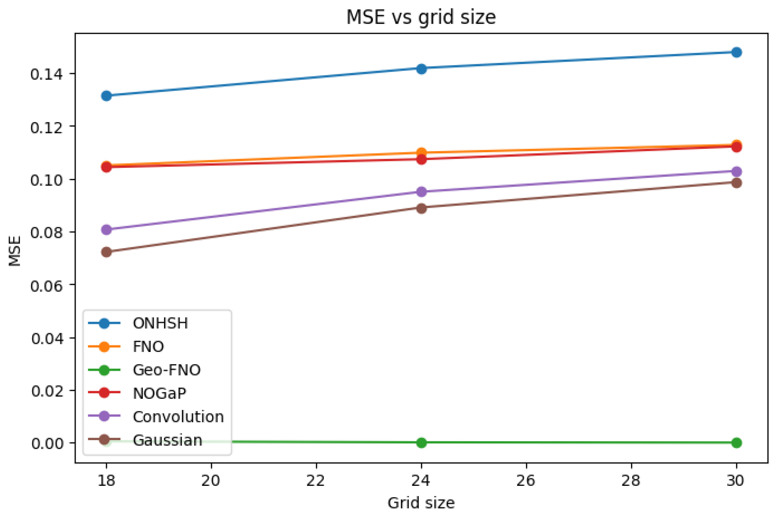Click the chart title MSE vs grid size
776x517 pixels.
pos(421,17)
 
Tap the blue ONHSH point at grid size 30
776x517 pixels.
pos(736,52)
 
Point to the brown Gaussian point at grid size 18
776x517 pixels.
pos(106,252)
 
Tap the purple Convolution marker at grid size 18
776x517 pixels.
pos(106,229)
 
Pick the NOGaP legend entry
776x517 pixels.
pos(160,393)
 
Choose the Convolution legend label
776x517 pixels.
pos(178,417)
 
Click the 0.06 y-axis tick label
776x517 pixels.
pos(46,286)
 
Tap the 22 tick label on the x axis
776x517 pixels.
pos(316,481)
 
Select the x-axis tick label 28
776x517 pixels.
pos(631,481)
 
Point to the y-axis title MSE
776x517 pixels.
pos(15,251)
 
